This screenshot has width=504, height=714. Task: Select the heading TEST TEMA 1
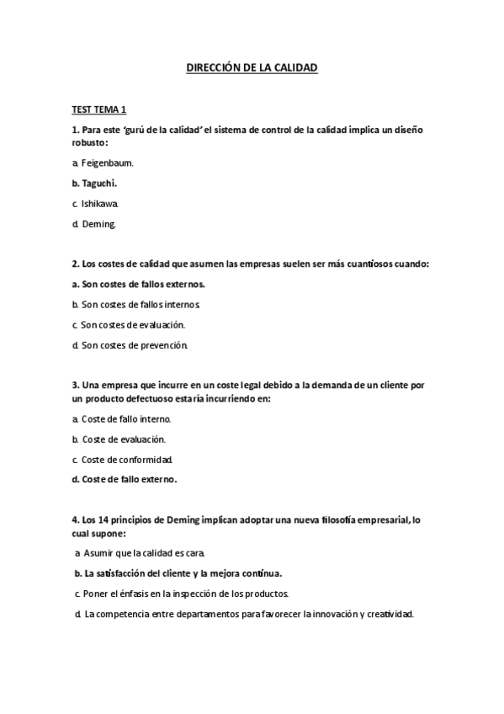click(99, 109)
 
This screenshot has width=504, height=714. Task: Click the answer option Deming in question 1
click(98, 224)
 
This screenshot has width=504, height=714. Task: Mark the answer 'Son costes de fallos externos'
click(143, 284)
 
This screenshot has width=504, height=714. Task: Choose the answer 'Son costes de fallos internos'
click(141, 304)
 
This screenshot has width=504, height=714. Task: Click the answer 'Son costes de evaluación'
click(133, 324)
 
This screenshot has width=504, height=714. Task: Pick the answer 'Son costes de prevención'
click(135, 345)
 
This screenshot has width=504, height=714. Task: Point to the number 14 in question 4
click(104, 520)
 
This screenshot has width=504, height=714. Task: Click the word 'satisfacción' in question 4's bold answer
click(122, 573)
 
